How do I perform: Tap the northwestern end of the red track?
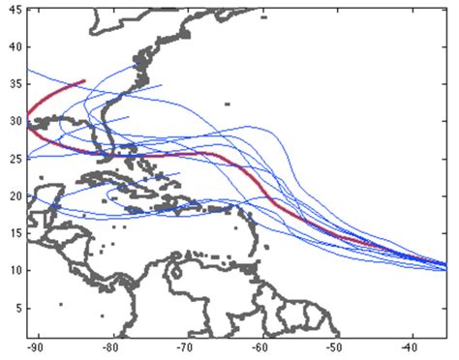pos(85,81)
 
